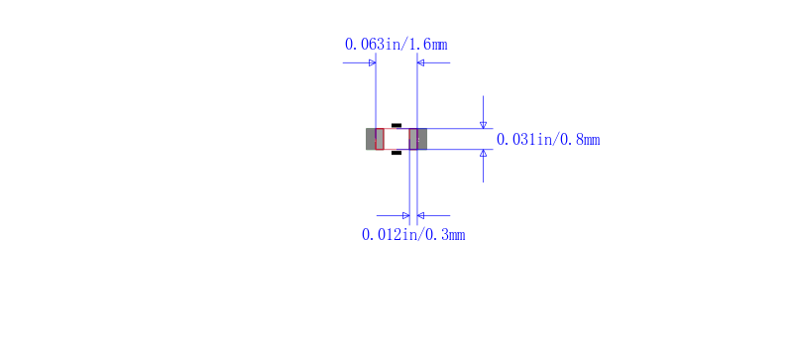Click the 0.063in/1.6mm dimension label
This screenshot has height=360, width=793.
pyautogui.click(x=396, y=45)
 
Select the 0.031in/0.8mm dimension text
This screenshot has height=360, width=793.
pyautogui.click(x=548, y=139)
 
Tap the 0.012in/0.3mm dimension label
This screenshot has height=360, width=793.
pyautogui.click(x=413, y=234)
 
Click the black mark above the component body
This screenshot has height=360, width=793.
pyautogui.click(x=396, y=125)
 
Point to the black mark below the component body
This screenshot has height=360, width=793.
pyautogui.click(x=396, y=153)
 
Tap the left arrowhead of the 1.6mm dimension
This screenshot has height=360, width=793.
pyautogui.click(x=373, y=62)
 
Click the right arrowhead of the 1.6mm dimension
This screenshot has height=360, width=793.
pyautogui.click(x=420, y=62)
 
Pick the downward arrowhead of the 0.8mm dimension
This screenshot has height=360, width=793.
pyautogui.click(x=483, y=125)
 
